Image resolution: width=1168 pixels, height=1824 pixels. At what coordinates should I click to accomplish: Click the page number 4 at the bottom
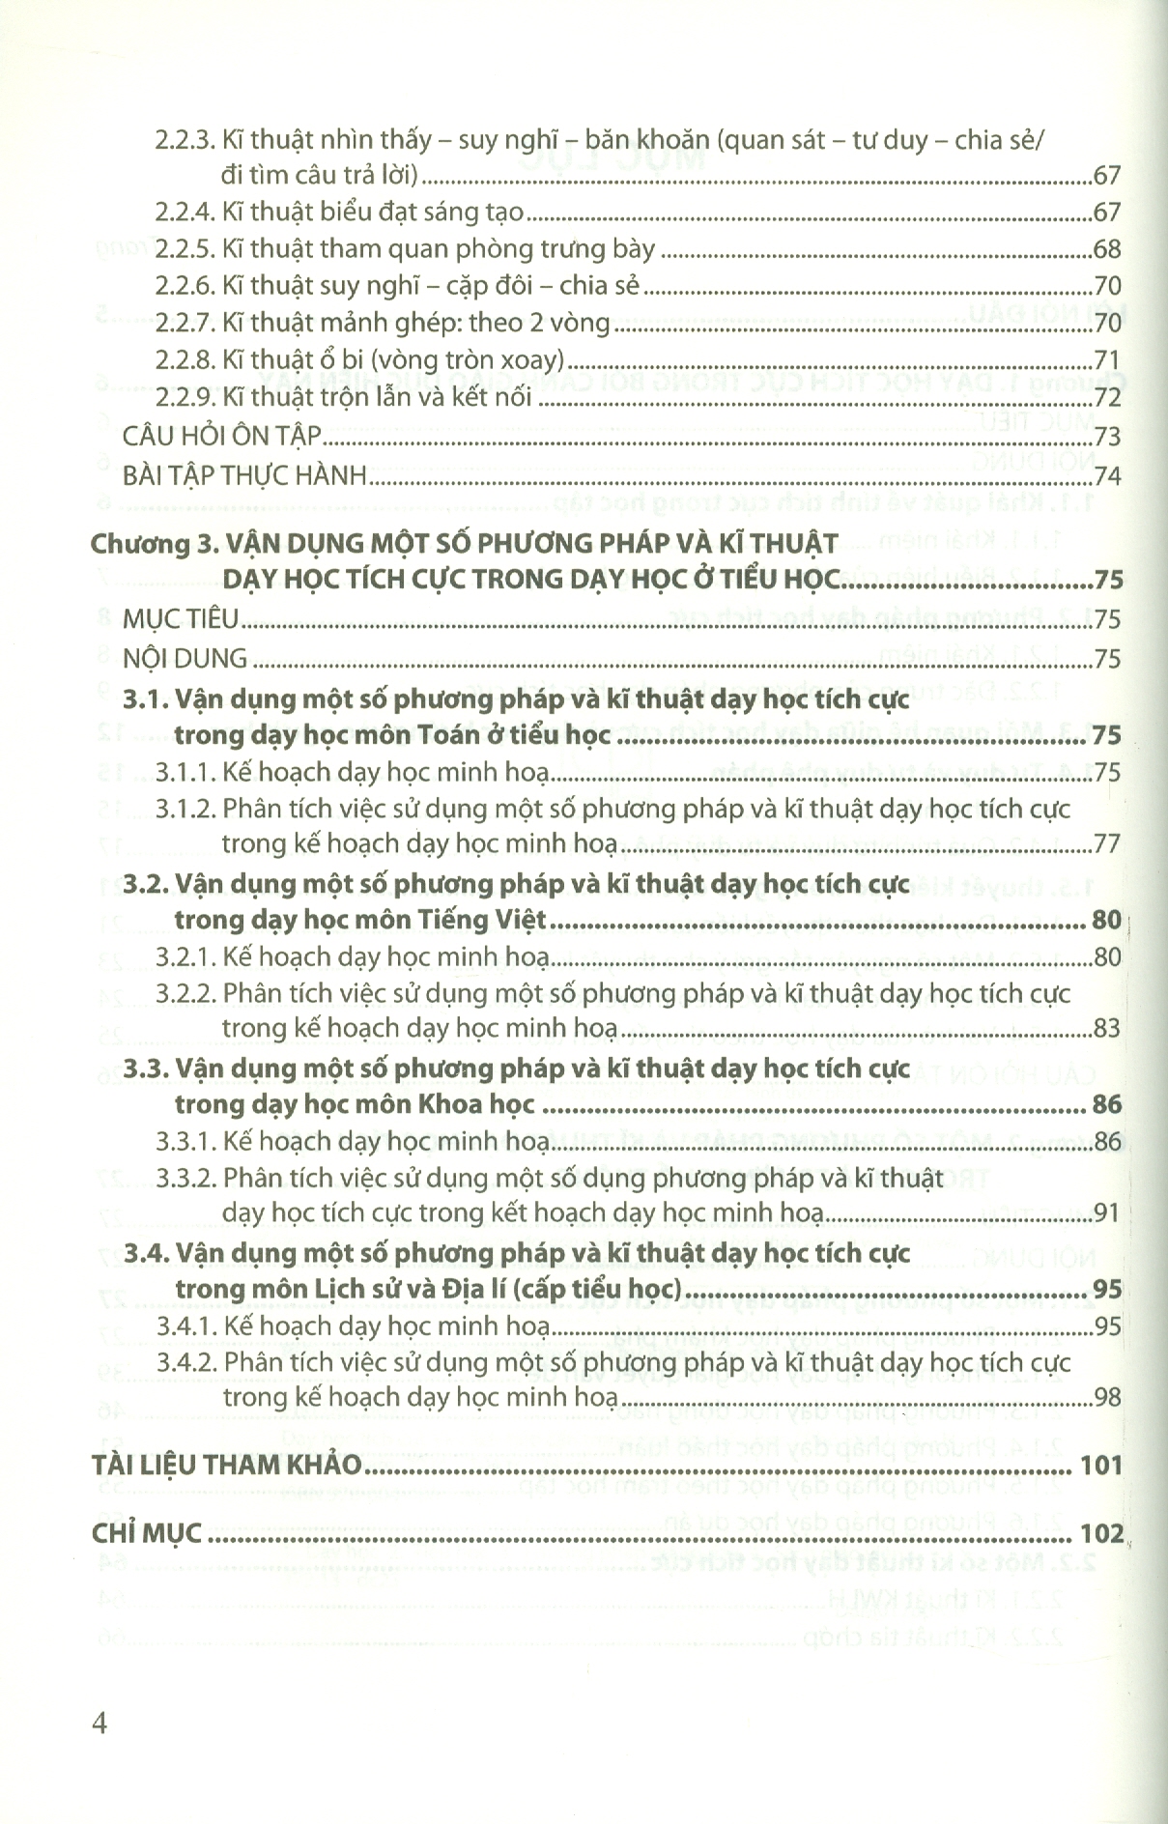pyautogui.click(x=100, y=1723)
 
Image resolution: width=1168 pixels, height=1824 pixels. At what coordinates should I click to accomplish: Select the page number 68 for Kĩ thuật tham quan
pyautogui.click(x=1106, y=249)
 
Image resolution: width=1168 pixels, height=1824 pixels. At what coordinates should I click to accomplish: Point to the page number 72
pyautogui.click(x=1106, y=397)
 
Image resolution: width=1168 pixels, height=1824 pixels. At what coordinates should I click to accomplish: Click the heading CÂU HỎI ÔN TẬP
pyautogui.click(x=221, y=437)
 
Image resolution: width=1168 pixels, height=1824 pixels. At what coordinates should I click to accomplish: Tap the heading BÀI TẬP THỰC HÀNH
pyautogui.click(x=245, y=475)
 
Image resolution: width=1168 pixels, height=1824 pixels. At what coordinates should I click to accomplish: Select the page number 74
pyautogui.click(x=1106, y=475)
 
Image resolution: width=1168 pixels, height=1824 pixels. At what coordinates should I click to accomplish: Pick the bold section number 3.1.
pyautogui.click(x=147, y=699)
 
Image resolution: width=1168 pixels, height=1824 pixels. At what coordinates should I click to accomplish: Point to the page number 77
pyautogui.click(x=1106, y=844)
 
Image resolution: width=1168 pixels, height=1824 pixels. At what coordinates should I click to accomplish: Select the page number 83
pyautogui.click(x=1106, y=1028)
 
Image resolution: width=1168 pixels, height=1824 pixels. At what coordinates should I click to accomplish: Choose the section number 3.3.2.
pyautogui.click(x=185, y=1179)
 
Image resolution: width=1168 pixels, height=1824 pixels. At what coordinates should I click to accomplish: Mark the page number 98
pyautogui.click(x=1106, y=1397)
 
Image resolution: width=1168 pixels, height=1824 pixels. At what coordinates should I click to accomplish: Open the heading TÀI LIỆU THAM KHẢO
pyautogui.click(x=226, y=1465)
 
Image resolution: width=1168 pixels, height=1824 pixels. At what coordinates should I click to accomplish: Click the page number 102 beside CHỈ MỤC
pyautogui.click(x=1101, y=1533)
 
